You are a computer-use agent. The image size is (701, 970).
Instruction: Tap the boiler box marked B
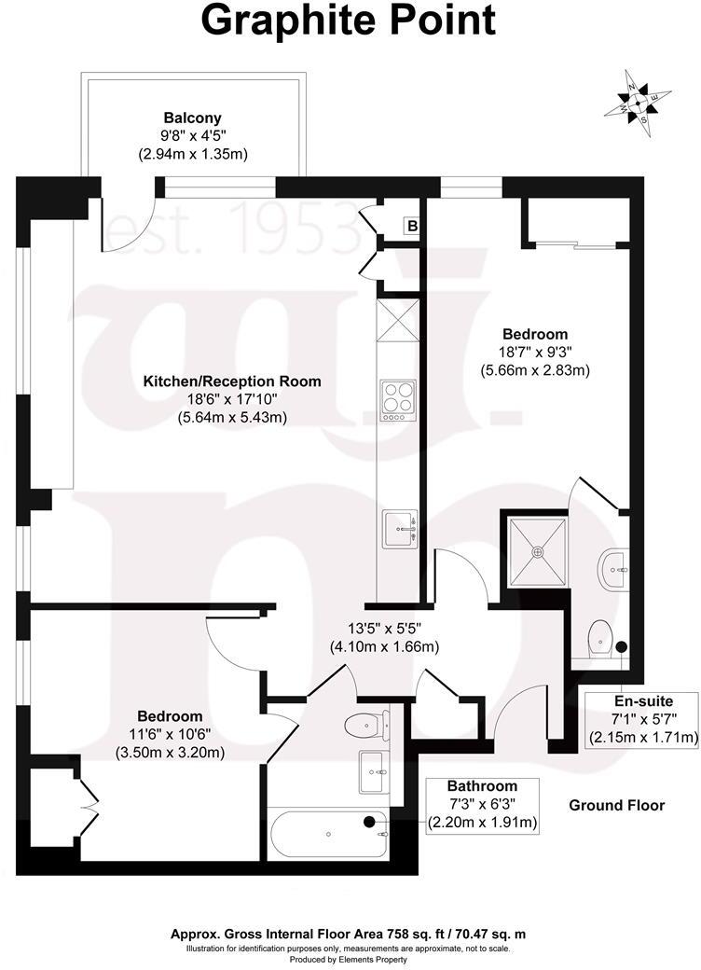411,226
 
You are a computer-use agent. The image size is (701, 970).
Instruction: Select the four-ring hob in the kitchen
397,401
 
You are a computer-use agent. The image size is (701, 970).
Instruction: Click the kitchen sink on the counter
400,531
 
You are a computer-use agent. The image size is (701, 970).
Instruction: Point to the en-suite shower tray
536,550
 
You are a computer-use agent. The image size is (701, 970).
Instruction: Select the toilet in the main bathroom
364,724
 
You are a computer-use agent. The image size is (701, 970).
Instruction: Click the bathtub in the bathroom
326,833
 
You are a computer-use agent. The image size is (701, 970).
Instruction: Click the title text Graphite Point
350,21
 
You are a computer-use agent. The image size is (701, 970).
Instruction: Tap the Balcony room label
192,118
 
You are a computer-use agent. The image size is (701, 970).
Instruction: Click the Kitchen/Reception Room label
231,381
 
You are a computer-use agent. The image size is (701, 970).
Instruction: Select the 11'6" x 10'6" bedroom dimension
170,733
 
